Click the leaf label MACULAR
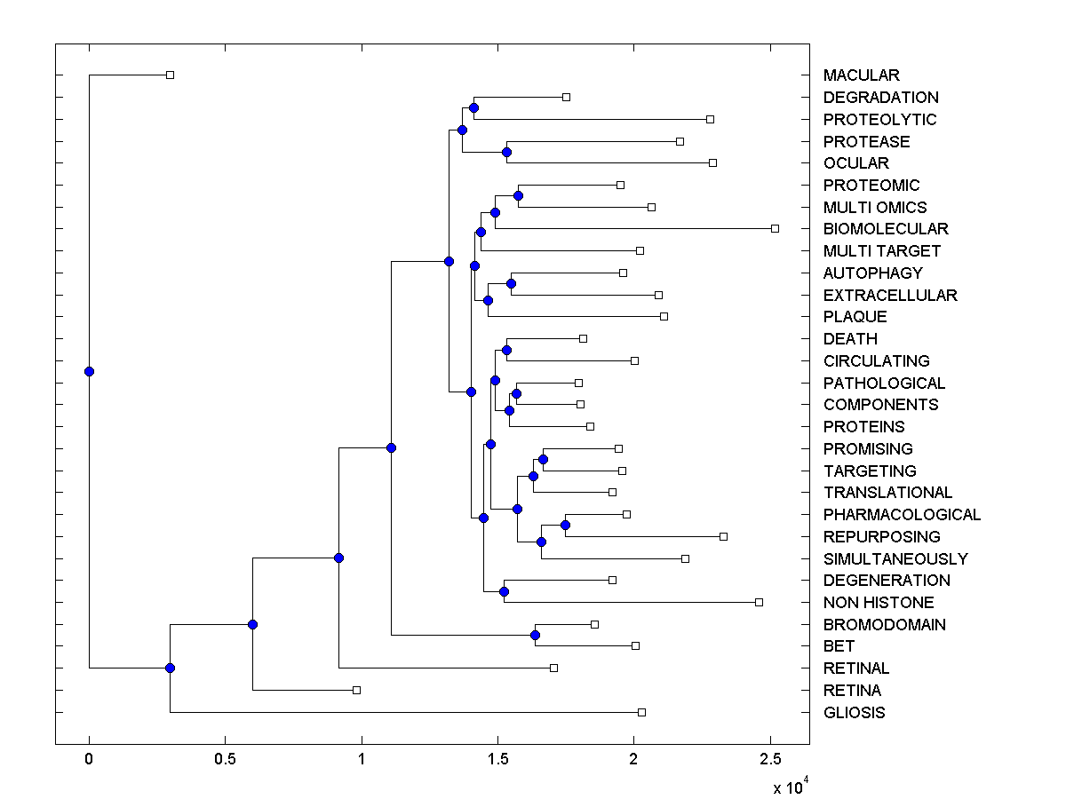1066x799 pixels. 861,75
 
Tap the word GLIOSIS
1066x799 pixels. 854,713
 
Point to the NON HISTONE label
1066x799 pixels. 879,603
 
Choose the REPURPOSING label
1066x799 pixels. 881,537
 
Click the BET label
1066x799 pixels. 839,646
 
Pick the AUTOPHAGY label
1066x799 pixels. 872,273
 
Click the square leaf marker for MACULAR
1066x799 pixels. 171,75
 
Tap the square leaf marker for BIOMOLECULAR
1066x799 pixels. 775,229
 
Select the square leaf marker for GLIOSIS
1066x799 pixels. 642,712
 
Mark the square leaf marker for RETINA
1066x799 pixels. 356,690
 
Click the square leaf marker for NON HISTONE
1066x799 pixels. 759,602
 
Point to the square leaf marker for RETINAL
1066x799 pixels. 553,668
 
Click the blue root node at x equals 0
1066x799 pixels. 89,371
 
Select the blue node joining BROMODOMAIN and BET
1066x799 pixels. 535,635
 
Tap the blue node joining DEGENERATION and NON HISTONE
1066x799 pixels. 504,591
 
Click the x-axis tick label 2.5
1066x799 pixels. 771,759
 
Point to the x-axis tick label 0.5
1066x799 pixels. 226,759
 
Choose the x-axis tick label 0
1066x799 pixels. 89,759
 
